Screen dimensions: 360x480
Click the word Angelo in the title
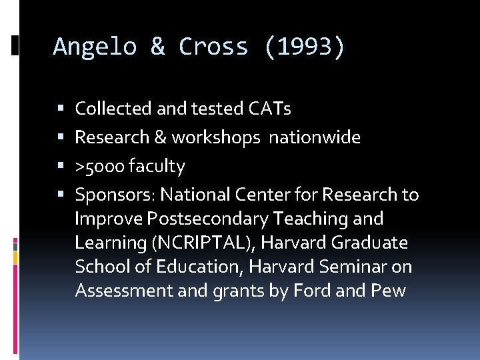click(95, 47)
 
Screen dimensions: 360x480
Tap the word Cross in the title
click(213, 47)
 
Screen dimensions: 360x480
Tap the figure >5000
click(100, 166)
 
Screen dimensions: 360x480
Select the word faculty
click(157, 166)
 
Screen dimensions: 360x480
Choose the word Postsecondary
click(207, 219)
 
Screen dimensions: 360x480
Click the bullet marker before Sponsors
click(61, 195)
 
